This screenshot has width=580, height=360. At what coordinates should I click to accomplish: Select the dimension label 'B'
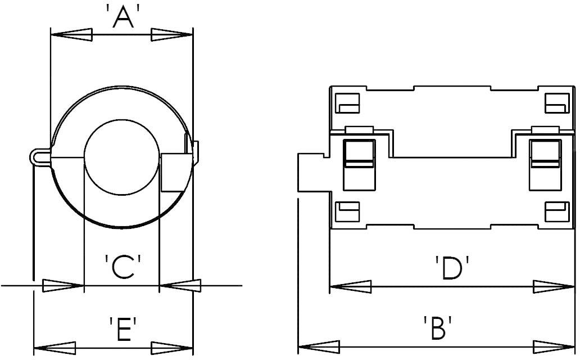click(x=438, y=328)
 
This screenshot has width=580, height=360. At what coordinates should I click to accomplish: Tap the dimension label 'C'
click(x=121, y=268)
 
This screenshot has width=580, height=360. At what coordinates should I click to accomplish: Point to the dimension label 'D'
click(x=452, y=269)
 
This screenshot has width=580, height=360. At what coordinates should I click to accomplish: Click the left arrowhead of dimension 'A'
click(x=71, y=35)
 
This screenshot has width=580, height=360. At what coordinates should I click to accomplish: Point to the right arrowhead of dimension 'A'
click(x=172, y=35)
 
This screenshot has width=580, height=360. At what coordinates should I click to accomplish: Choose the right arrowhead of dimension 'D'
click(x=554, y=286)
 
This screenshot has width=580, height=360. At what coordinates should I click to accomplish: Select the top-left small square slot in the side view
click(x=347, y=102)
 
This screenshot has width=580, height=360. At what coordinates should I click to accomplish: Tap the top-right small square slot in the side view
click(x=557, y=102)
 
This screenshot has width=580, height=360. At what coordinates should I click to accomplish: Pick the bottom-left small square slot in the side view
click(x=347, y=212)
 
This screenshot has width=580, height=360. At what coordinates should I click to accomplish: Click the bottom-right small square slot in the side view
click(x=557, y=212)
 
